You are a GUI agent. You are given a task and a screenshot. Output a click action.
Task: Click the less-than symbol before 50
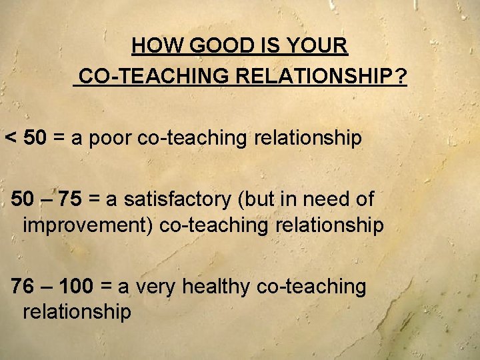click(11, 139)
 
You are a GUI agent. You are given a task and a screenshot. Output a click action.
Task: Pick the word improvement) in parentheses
click(88, 225)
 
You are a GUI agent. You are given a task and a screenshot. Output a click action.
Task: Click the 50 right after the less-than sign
click(35, 139)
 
